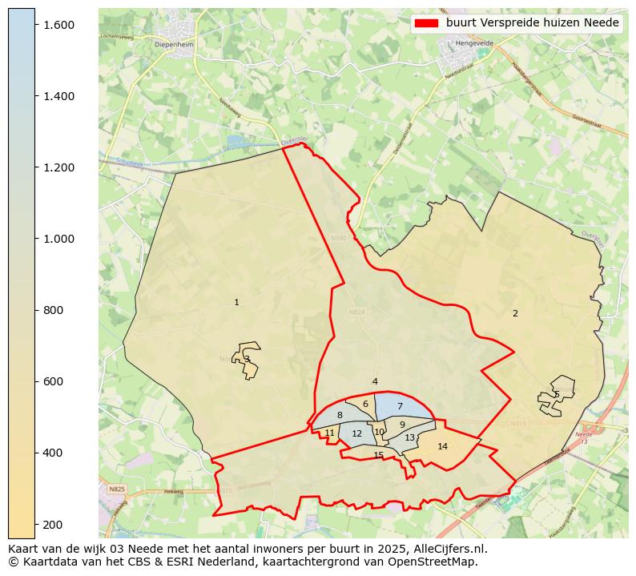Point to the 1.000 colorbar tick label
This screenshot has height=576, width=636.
[x=58, y=239]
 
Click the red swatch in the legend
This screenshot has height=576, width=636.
[x=426, y=23]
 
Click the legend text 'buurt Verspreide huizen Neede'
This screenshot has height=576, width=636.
[x=533, y=23]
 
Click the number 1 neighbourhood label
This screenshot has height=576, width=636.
[x=236, y=302]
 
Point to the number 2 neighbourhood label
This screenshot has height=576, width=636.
[x=515, y=313]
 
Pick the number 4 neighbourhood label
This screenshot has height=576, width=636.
[x=375, y=381]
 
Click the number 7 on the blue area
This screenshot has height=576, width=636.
[x=400, y=407]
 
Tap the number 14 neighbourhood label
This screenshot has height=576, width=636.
[x=442, y=446]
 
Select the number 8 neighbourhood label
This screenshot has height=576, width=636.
[x=340, y=415]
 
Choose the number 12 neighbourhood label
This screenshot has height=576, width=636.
[x=357, y=433]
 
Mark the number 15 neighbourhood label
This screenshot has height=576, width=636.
[x=378, y=455]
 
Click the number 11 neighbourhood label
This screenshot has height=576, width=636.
[x=330, y=433]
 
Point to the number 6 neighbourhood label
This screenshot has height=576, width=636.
[x=365, y=404]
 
